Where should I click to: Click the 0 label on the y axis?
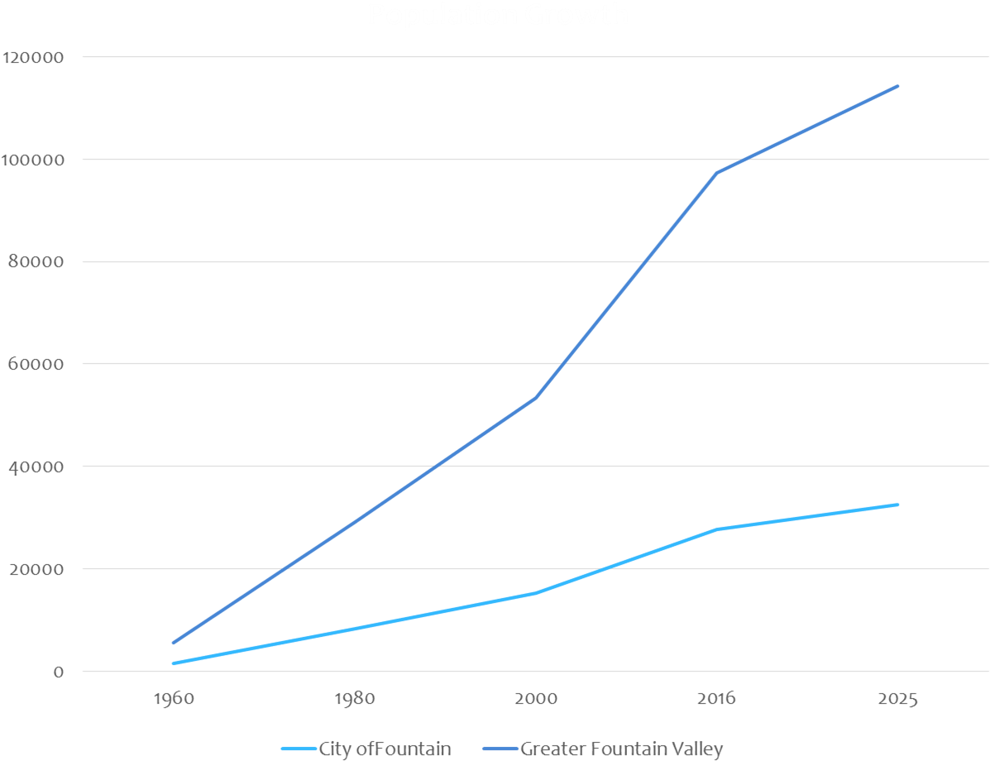(58, 672)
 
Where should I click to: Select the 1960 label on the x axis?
(174, 699)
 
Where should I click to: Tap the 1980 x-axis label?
(355, 699)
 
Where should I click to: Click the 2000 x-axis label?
(536, 699)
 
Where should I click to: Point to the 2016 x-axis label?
(716, 699)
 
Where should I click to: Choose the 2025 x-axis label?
(897, 699)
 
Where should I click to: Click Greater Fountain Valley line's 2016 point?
(716, 174)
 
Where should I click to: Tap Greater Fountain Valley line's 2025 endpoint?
(897, 86)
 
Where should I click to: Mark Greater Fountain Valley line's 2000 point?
(536, 399)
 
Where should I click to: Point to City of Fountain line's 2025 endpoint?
(897, 505)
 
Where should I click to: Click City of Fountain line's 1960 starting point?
(174, 663)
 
